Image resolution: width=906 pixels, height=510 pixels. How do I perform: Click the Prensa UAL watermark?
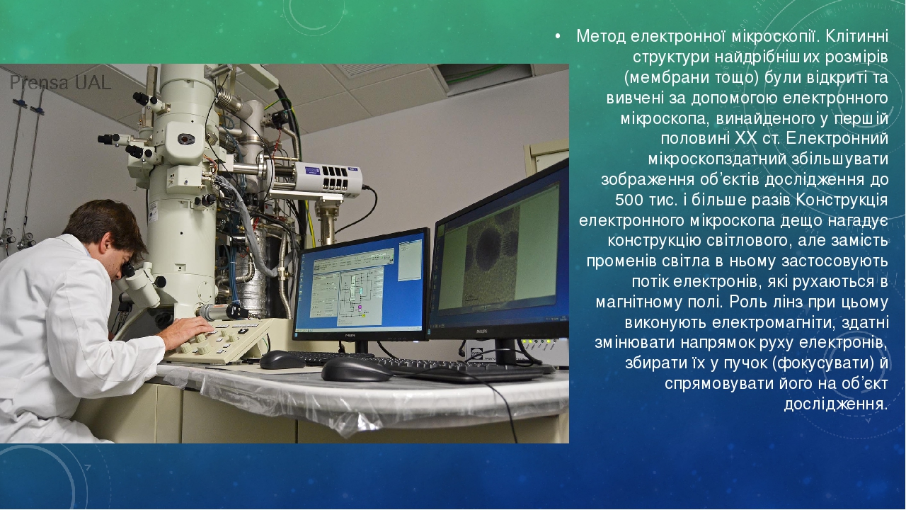tap(61, 83)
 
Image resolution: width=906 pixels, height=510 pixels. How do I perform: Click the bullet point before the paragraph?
tap(558, 37)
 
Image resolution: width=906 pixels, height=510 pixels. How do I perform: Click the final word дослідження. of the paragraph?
tap(836, 404)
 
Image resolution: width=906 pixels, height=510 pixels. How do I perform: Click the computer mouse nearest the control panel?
tap(282, 359)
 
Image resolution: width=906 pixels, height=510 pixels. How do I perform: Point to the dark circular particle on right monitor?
tap(491, 249)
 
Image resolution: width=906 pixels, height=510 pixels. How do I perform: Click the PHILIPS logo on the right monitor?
tap(481, 331)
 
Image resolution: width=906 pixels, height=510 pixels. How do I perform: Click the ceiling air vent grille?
tap(366, 69)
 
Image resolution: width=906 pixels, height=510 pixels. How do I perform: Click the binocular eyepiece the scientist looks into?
tap(129, 268)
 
